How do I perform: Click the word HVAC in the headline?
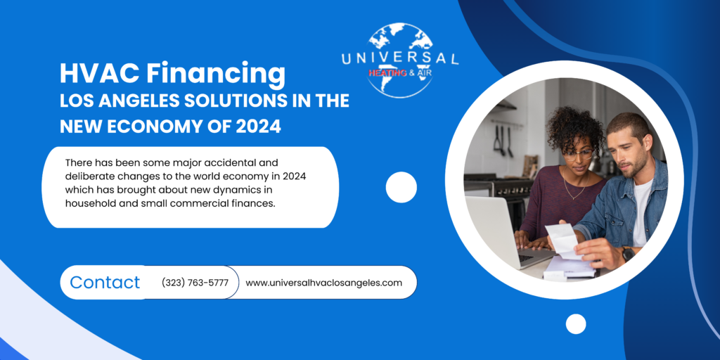94,73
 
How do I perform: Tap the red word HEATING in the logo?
387,73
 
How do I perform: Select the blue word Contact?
105,282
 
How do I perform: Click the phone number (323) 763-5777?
195,283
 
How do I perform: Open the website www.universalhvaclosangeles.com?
323,283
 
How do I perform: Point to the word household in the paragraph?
87,203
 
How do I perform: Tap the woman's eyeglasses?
578,154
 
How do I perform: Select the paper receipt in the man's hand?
563,240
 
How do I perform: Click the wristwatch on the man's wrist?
628,253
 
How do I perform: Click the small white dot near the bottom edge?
576,323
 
